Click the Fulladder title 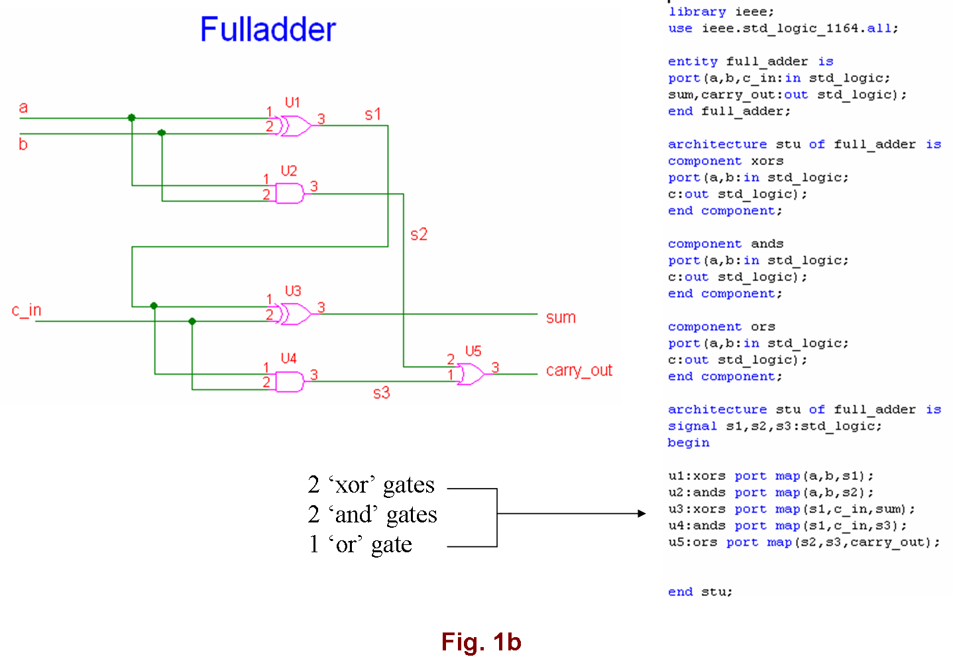[268, 30]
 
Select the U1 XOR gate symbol [295, 125]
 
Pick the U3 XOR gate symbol [295, 314]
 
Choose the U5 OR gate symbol [471, 375]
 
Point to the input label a [23, 107]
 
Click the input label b [23, 144]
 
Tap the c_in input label [27, 310]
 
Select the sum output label [561, 318]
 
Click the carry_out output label [579, 370]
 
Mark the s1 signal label [372, 115]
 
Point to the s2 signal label [419, 234]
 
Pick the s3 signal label [381, 393]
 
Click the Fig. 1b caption [481, 642]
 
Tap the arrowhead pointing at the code [641, 513]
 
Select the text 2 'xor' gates [371, 485]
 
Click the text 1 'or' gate [361, 544]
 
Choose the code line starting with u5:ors [803, 542]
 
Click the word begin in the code [689, 443]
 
